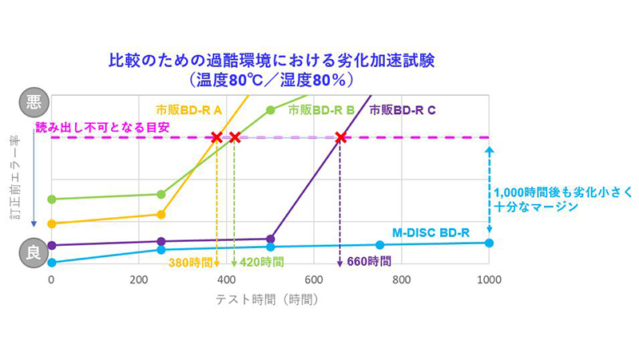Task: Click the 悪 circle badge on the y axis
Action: [34, 102]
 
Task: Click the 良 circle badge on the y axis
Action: [34, 253]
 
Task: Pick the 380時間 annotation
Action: [191, 261]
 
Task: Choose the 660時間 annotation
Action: [368, 261]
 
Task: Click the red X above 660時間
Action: [340, 137]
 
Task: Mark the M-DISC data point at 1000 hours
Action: [490, 243]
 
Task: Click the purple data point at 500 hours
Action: [271, 239]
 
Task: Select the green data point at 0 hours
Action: [52, 199]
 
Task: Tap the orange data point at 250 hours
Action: [161, 214]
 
